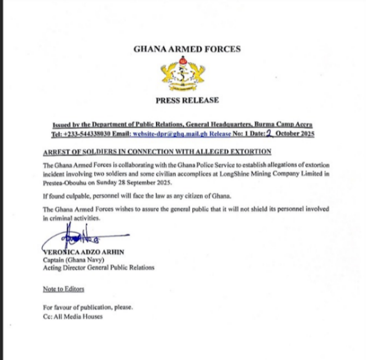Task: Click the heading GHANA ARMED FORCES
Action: tap(187, 49)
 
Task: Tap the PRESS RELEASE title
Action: tap(187, 100)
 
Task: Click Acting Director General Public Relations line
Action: tap(99, 268)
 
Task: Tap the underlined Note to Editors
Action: tap(63, 289)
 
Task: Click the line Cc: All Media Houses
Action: tap(72, 316)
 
